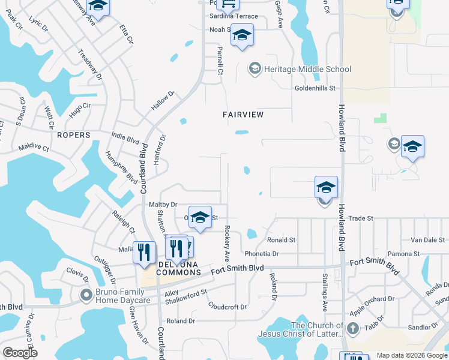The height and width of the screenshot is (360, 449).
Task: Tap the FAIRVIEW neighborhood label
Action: [243, 114]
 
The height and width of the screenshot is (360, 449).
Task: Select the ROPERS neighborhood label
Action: [74, 135]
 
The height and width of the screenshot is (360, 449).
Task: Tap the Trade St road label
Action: [361, 218]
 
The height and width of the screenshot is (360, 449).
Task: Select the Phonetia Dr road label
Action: [261, 254]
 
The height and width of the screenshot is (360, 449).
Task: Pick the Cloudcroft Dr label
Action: [228, 307]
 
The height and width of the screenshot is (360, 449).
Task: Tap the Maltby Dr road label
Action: [163, 205]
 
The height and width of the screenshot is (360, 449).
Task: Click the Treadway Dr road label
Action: [91, 70]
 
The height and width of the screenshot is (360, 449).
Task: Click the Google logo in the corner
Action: [20, 353]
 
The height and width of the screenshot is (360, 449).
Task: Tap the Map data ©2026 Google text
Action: [412, 355]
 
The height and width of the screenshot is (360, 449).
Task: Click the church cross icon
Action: [353, 328]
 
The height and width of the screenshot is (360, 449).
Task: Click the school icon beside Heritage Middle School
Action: [255, 69]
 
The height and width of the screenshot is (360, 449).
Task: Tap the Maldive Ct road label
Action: [34, 147]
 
